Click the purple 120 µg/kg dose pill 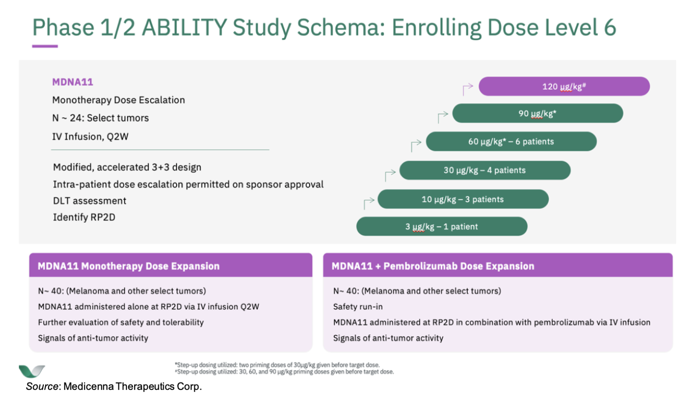(564, 87)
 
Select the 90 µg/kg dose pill (538, 113)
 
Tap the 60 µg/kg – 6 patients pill (511, 141)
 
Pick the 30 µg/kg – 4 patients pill (485, 170)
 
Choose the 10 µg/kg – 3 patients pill (463, 199)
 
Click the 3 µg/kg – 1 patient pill (442, 226)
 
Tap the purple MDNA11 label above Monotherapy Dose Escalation (73, 82)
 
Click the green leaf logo (32, 371)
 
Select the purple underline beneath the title (45, 47)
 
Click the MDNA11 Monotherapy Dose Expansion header (171, 265)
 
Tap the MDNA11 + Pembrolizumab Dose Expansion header (498, 265)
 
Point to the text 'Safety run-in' (358, 307)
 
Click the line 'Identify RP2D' (84, 217)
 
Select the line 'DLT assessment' (90, 201)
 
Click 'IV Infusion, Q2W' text (90, 137)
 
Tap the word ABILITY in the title (184, 27)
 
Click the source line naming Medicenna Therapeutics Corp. (114, 387)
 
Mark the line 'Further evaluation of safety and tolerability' (121, 323)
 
